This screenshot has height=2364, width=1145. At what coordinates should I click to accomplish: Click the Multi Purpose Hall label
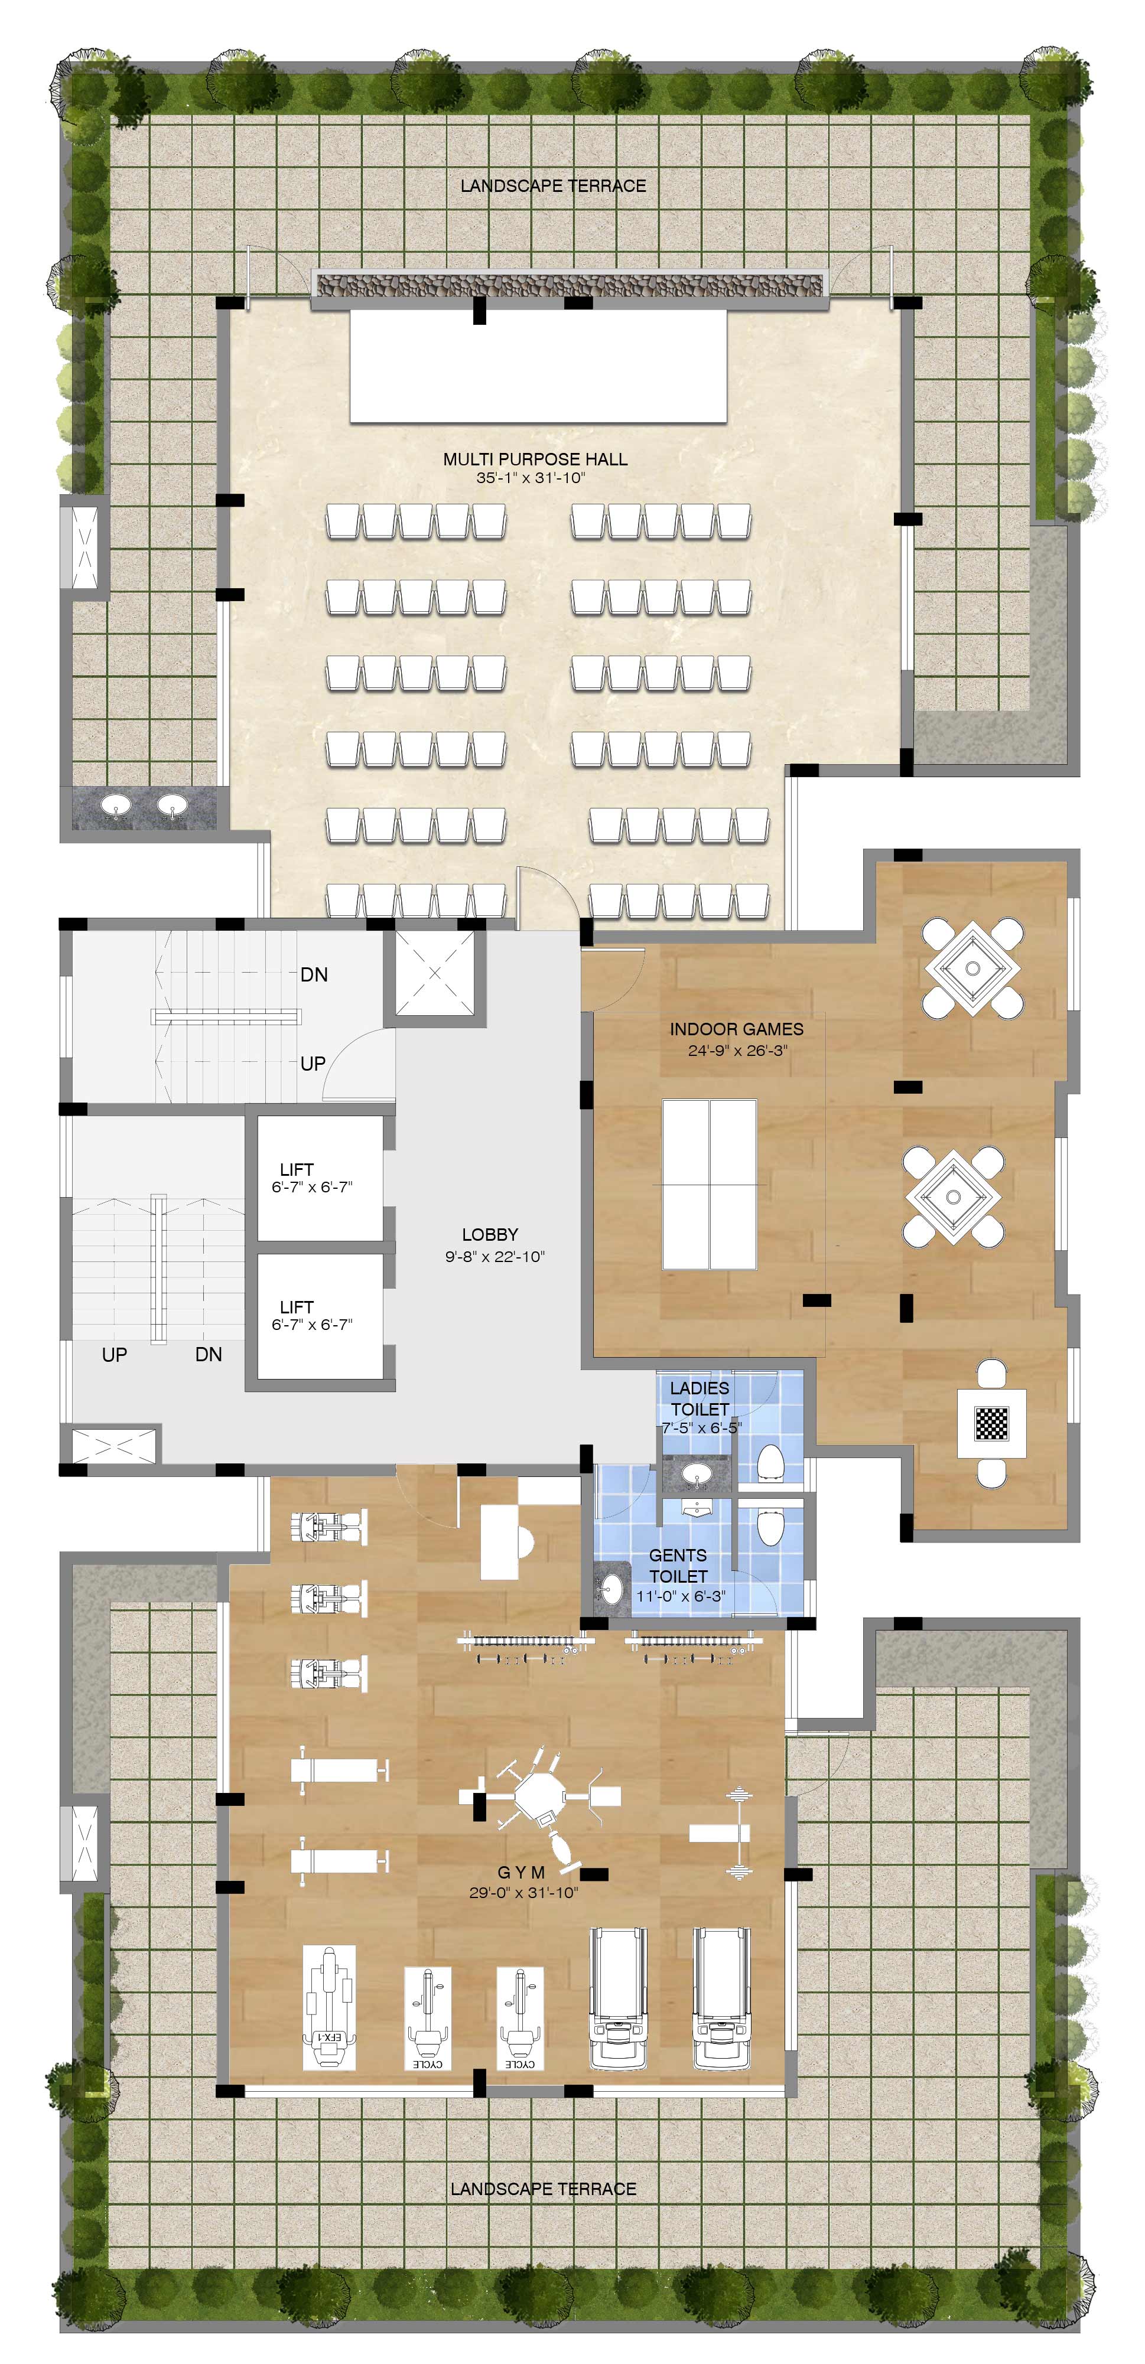coord(535,459)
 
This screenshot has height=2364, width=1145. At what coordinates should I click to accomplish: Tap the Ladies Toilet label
coord(701,1398)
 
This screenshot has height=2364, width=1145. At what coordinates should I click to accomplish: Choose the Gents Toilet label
coord(679,1566)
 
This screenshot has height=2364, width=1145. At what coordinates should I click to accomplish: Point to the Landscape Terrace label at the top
coord(554,186)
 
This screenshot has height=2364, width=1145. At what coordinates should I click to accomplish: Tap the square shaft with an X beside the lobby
coord(434,973)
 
